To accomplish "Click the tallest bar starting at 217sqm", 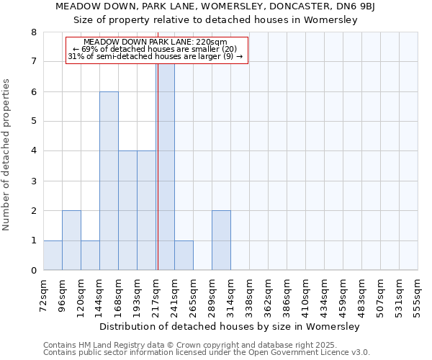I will (165, 166).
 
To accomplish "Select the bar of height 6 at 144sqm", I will (109, 181).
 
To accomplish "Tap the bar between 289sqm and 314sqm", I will (221, 240).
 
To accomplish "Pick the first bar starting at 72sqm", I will (53, 256).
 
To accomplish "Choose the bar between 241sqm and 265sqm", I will (184, 256).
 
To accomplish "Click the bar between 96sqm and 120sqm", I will (71, 240).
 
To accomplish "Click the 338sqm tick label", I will (249, 296).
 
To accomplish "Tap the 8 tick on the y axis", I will (33, 32).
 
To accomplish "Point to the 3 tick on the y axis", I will (33, 181).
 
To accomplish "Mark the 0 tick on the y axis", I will (33, 271).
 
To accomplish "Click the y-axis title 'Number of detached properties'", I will (7, 155).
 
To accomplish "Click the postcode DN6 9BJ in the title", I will (364, 7).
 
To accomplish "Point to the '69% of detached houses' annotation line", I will (157, 49).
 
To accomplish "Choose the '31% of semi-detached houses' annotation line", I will (156, 56).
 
